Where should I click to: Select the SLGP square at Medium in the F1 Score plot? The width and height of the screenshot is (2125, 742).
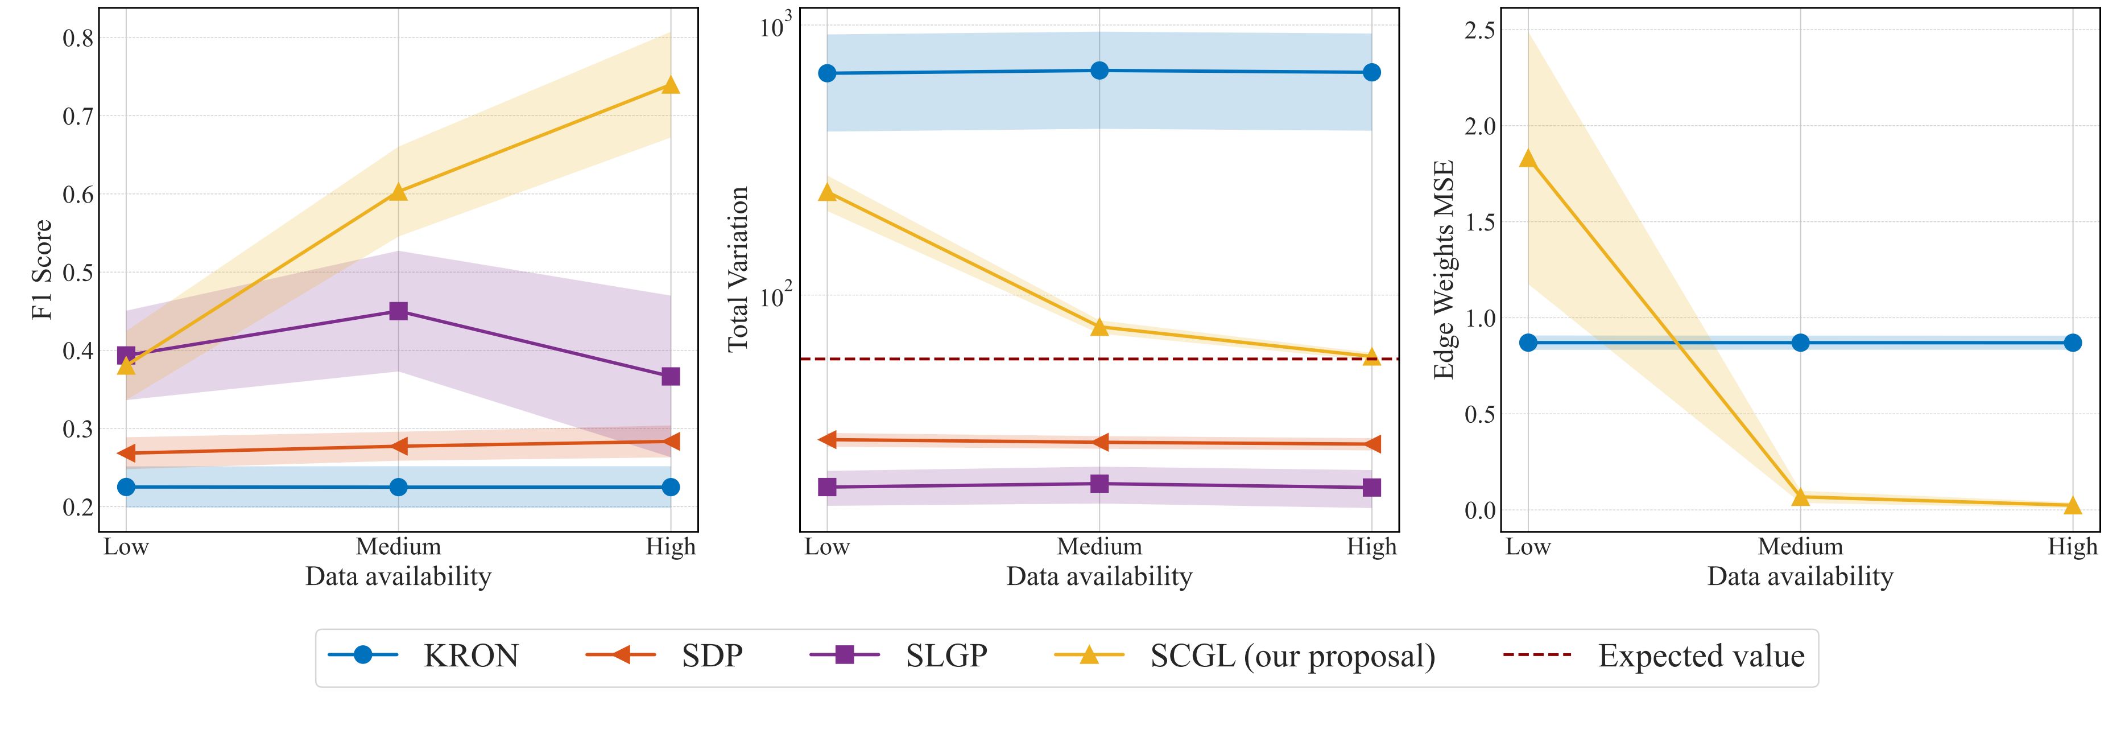[x=398, y=311]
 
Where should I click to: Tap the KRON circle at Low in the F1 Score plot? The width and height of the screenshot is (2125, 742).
[x=126, y=487]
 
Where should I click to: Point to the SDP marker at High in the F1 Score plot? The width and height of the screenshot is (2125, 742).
[x=671, y=442]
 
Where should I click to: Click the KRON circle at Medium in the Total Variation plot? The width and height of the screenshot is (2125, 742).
[x=1099, y=70]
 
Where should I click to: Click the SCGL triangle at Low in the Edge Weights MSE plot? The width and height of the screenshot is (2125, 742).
[x=1528, y=158]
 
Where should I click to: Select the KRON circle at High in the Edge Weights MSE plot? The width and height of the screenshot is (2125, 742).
[x=2072, y=343]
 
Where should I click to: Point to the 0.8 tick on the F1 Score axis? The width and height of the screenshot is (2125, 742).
[x=78, y=38]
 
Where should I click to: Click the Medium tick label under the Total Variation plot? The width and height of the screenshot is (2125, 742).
[x=1099, y=546]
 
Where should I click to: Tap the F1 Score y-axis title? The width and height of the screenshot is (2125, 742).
[x=42, y=269]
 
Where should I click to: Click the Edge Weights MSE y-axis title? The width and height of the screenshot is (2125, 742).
[x=1444, y=269]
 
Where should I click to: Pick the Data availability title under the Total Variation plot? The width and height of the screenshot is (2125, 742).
[x=1099, y=576]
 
